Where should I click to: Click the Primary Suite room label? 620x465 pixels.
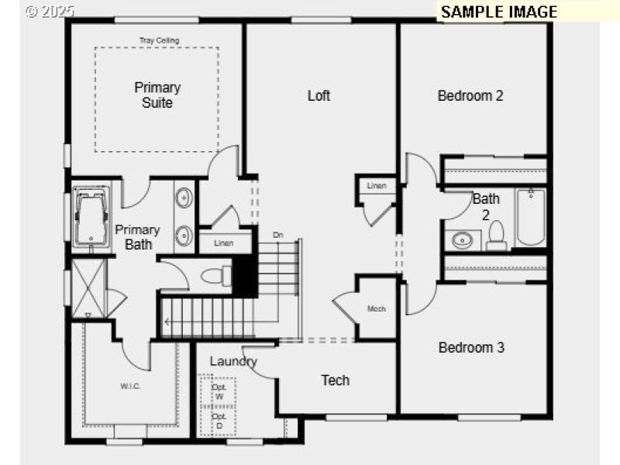click(157, 95)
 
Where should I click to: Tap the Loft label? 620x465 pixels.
click(319, 95)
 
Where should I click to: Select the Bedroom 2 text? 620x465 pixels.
click(470, 96)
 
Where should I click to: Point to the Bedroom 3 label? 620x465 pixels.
click(471, 347)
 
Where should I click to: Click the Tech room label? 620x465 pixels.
click(336, 380)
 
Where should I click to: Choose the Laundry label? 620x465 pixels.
click(233, 361)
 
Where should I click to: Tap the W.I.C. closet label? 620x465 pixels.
click(130, 386)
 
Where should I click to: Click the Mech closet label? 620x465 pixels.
click(377, 309)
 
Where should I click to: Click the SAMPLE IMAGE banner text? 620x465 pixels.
click(498, 12)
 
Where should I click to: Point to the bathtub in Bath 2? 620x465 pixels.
click(531, 217)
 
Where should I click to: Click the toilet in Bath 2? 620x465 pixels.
click(497, 236)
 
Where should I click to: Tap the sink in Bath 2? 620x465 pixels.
click(462, 239)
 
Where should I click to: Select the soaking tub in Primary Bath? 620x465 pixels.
click(91, 218)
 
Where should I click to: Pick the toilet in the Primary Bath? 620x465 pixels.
click(215, 276)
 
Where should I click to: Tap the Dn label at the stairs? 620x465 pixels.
click(277, 234)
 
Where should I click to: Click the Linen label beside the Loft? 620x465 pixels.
click(376, 186)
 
